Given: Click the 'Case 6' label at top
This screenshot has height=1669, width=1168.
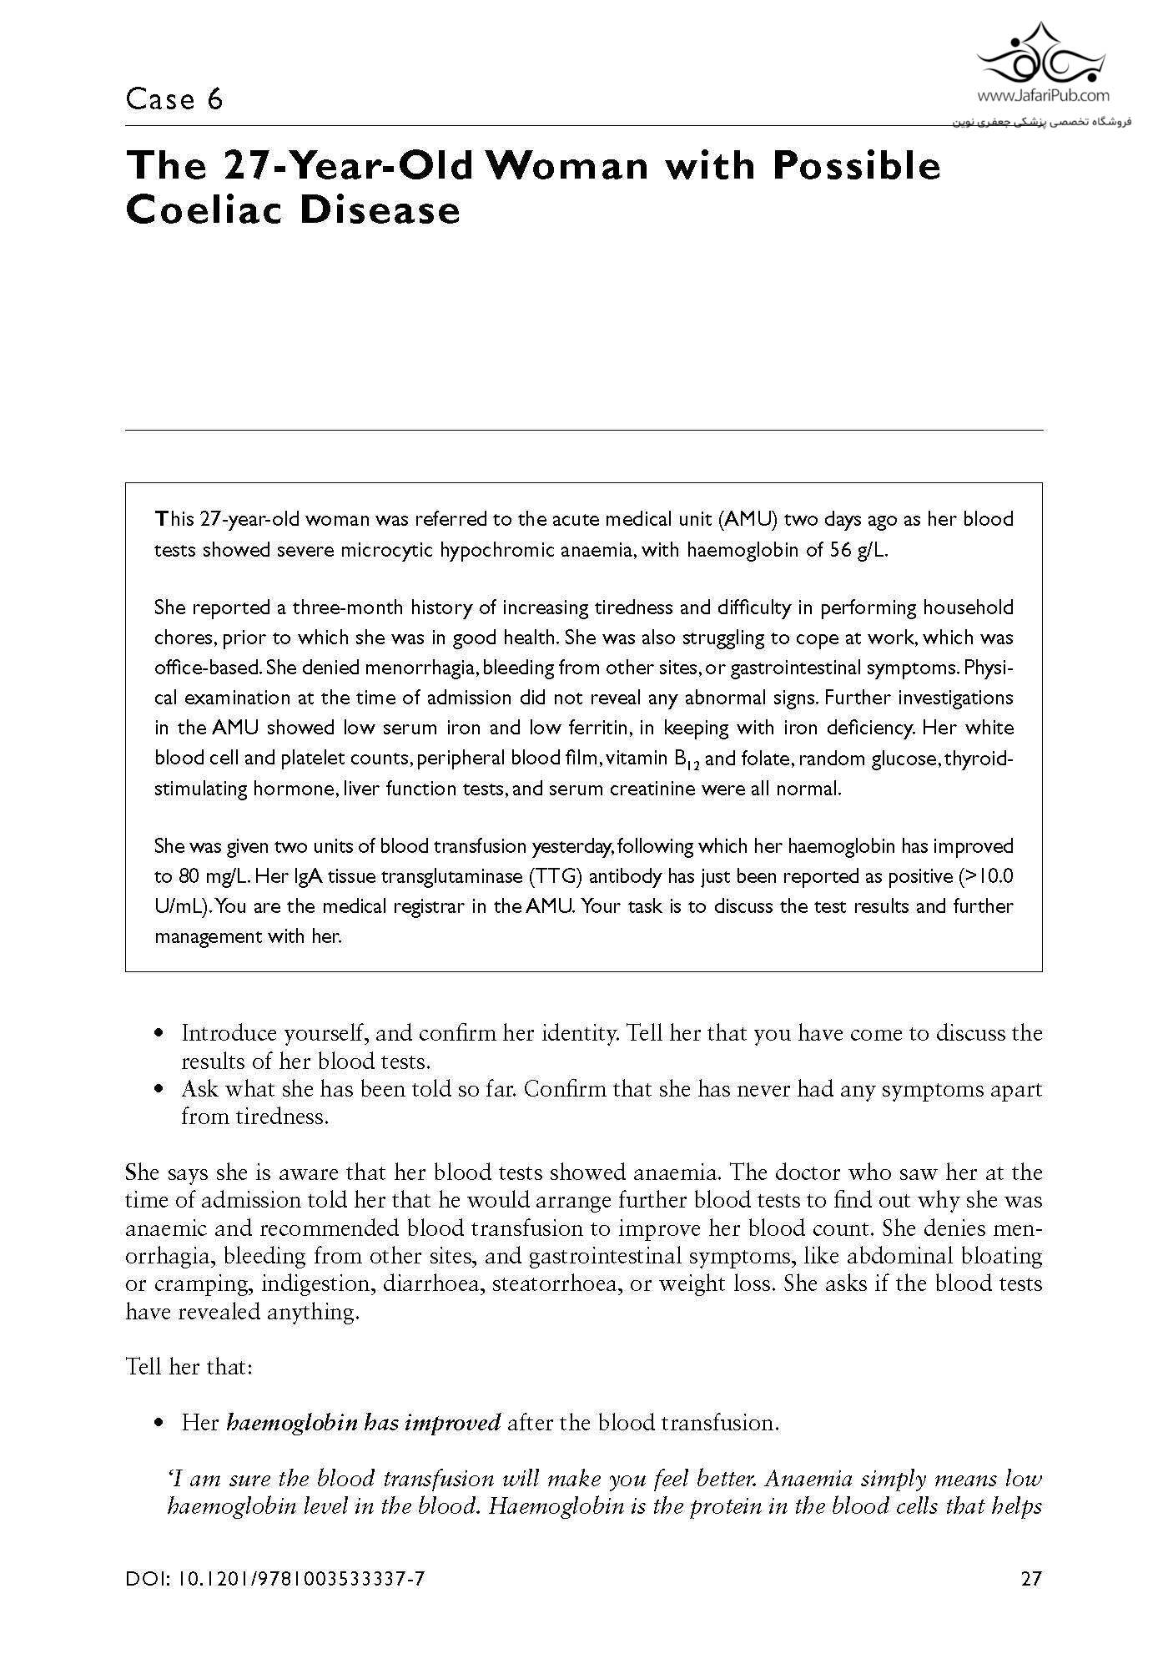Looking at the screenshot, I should pos(174,100).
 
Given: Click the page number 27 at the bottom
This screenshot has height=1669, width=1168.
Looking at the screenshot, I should pos(1031,1579).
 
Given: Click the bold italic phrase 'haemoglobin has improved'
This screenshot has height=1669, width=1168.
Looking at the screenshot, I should pos(364,1422).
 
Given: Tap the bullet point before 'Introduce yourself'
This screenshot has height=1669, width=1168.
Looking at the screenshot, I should pos(159,1034).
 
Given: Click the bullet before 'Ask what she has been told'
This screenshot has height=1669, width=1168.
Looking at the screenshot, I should pos(159,1090).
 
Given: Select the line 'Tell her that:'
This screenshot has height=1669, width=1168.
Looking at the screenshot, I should pos(189,1367).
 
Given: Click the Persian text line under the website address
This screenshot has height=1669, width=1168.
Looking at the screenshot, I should pos(1041,122).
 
